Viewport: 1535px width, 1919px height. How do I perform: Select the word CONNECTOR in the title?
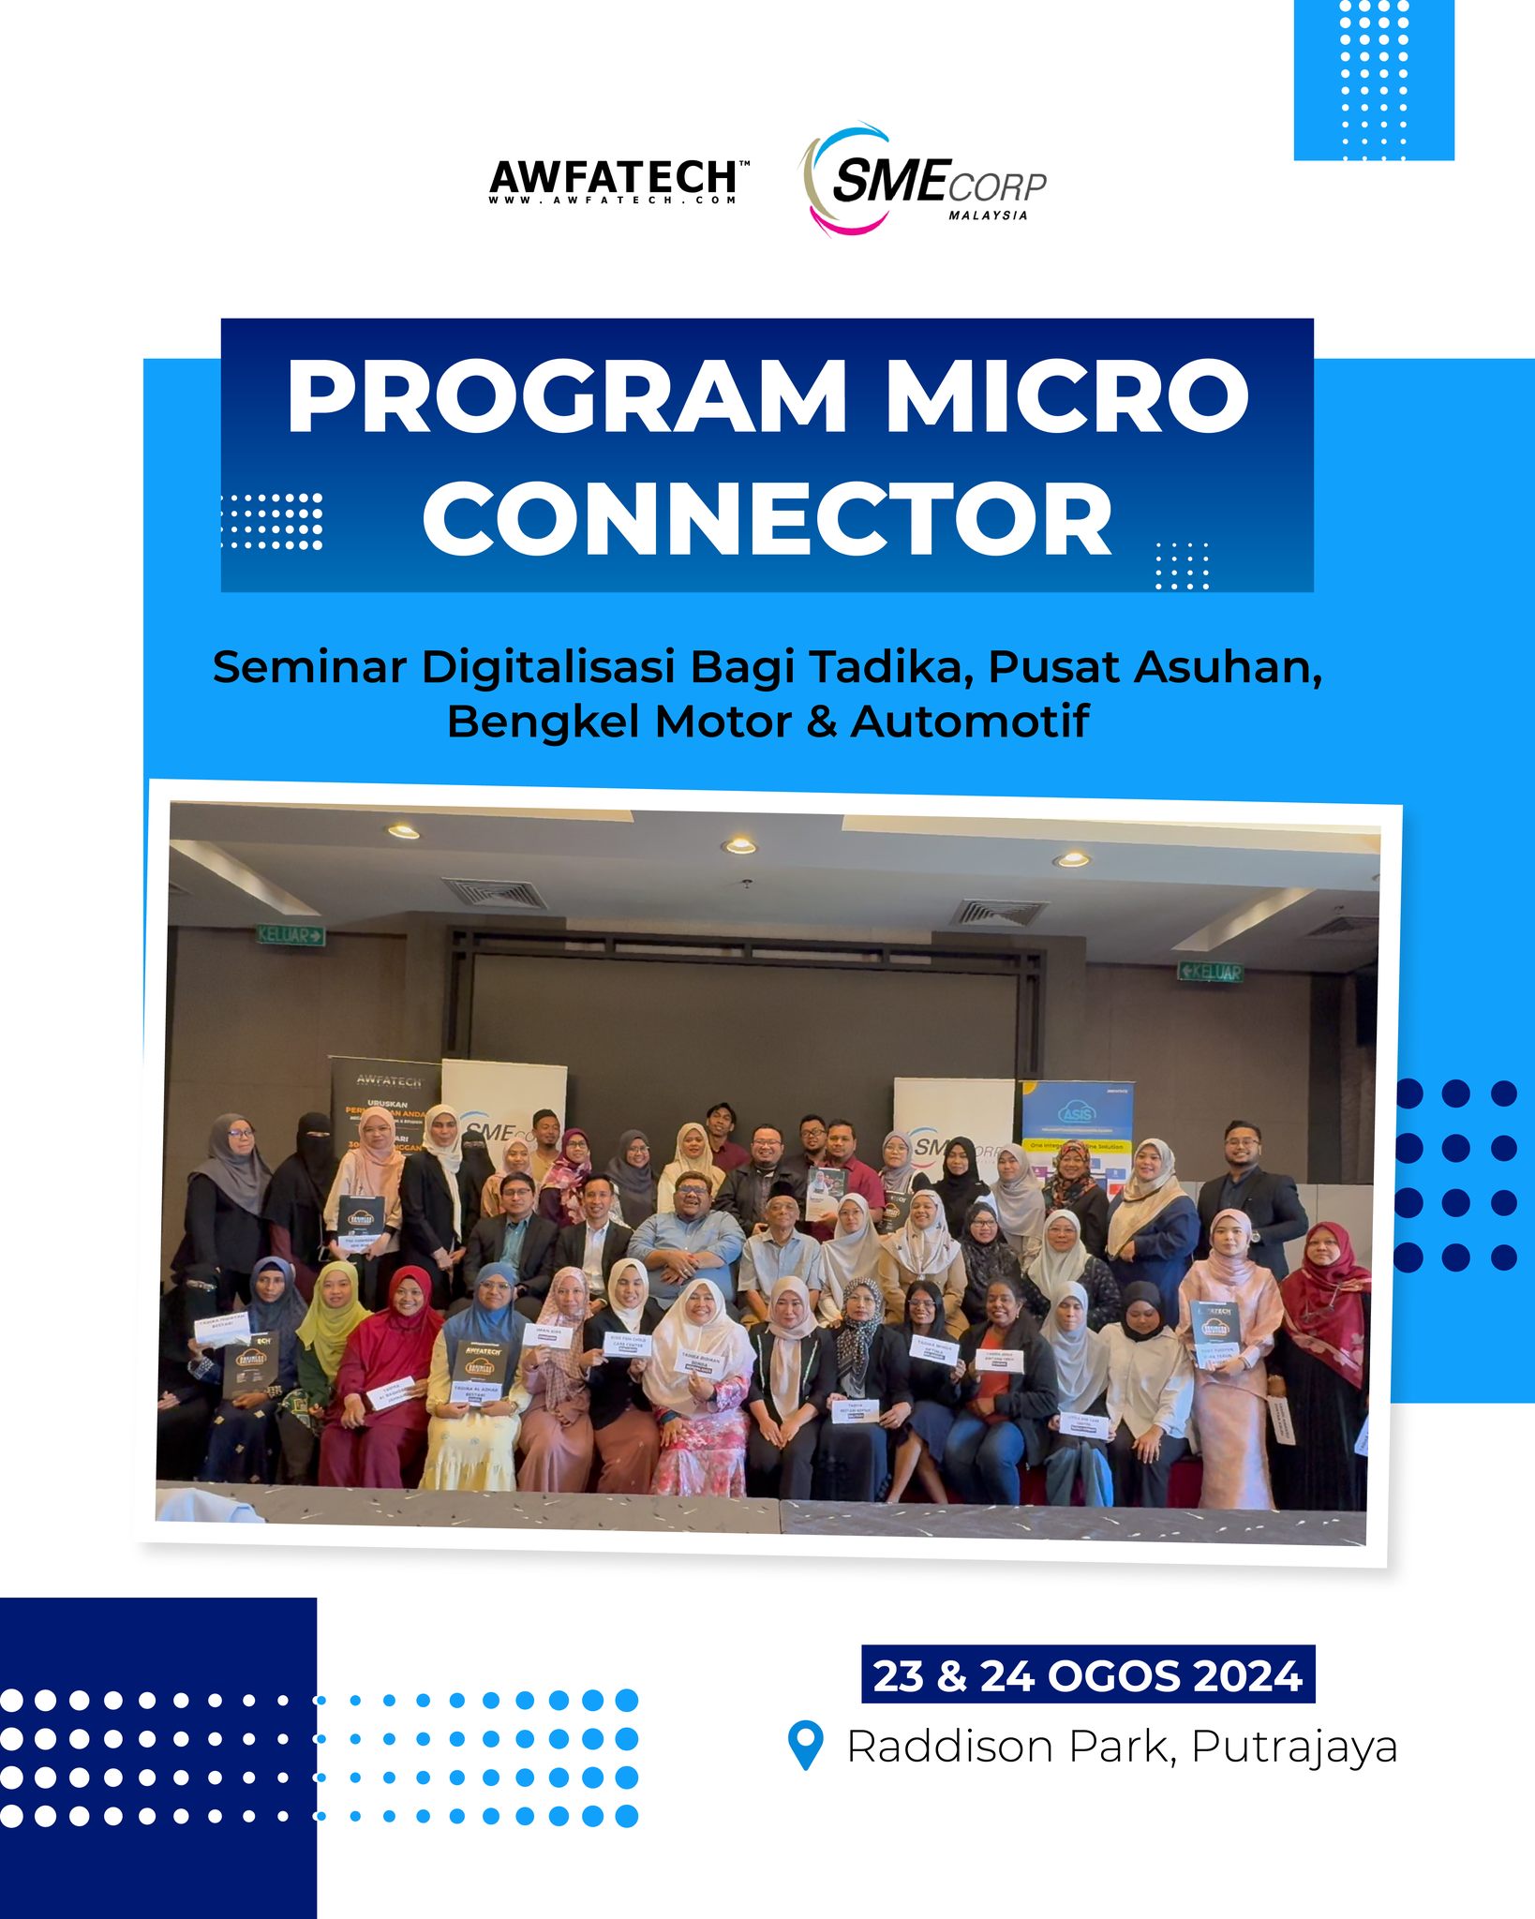(767, 521)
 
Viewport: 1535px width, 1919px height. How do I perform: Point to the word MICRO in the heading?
(1066, 397)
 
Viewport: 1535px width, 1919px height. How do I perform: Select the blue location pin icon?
(806, 1745)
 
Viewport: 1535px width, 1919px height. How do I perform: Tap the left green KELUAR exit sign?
(291, 934)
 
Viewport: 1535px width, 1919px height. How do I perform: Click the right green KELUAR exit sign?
(1211, 972)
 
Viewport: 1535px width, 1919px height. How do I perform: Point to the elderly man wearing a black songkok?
(780, 1237)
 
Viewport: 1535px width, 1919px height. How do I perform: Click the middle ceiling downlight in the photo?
(739, 845)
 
